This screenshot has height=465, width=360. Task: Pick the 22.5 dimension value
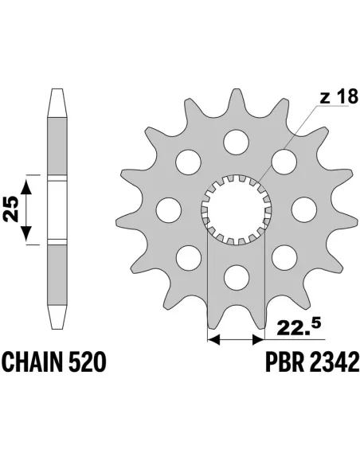[x=298, y=325]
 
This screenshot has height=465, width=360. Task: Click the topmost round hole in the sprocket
[x=235, y=141]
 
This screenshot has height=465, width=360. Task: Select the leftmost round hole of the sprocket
[x=167, y=209]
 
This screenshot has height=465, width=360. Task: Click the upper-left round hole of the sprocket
[x=187, y=162]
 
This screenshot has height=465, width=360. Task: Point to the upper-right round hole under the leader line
[x=283, y=162]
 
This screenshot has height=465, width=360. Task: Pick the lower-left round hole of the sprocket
[x=187, y=257]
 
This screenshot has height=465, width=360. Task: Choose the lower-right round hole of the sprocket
[x=283, y=257]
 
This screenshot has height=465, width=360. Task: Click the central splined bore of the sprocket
[x=235, y=209]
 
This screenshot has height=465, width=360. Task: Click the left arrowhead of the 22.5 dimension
[x=212, y=341]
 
